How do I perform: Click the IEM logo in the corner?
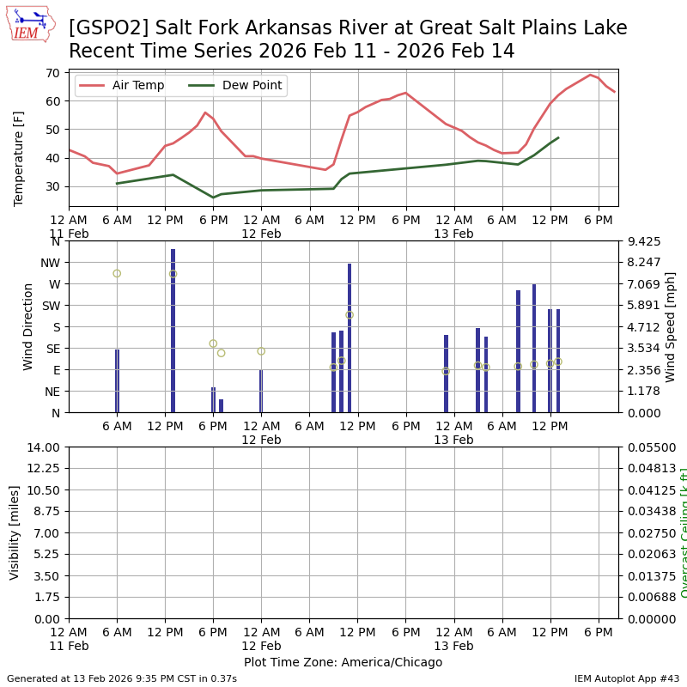point(31,24)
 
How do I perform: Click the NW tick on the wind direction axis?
point(52,263)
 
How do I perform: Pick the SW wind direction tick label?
point(52,306)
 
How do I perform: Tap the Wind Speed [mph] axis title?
point(671,326)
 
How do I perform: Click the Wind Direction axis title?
point(28,326)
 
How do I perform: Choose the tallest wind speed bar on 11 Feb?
point(173,331)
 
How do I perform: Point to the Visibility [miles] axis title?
point(15,532)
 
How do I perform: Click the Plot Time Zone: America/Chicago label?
point(343,662)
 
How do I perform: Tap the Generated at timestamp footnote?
point(122,678)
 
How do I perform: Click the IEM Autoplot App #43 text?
point(627,678)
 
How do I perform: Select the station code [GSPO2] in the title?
point(100,28)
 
